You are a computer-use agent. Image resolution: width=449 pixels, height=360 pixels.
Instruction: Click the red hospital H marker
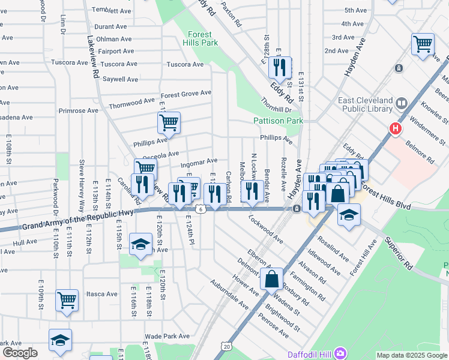(395, 128)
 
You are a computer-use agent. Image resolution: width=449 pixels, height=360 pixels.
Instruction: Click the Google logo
(20, 353)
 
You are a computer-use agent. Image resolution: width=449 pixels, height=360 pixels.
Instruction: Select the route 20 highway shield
(226, 346)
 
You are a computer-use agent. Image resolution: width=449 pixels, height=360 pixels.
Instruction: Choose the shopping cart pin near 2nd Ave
(423, 44)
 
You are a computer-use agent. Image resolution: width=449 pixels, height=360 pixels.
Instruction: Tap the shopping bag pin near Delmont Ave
(272, 278)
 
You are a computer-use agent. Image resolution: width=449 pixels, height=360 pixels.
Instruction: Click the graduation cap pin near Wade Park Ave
(61, 340)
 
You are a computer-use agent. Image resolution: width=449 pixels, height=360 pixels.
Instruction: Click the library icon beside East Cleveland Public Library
(400, 105)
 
